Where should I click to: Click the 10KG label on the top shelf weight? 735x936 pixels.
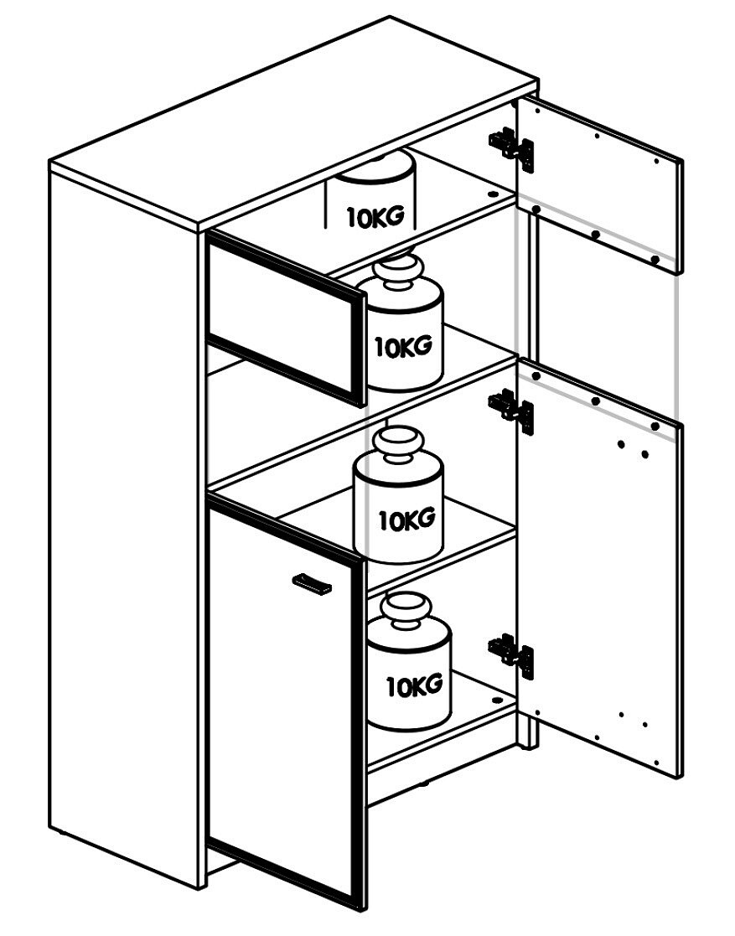coord(376,217)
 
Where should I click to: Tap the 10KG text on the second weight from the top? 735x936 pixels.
coord(403,346)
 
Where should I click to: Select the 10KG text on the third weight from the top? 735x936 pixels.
coord(406,520)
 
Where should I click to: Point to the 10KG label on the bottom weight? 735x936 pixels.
coord(414,685)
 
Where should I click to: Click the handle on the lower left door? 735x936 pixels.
coord(312,584)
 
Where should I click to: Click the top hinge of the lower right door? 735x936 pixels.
coord(511,409)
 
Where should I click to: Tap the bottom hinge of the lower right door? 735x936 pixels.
coord(511,654)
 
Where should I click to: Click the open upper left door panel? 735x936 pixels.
coord(286,318)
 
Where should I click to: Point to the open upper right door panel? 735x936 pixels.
coord(599,185)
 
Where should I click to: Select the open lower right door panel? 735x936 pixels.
coord(599,567)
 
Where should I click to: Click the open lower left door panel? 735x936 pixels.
coord(286,701)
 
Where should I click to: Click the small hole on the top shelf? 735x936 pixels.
coord(493,194)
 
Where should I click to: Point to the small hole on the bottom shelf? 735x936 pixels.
coord(497,700)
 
